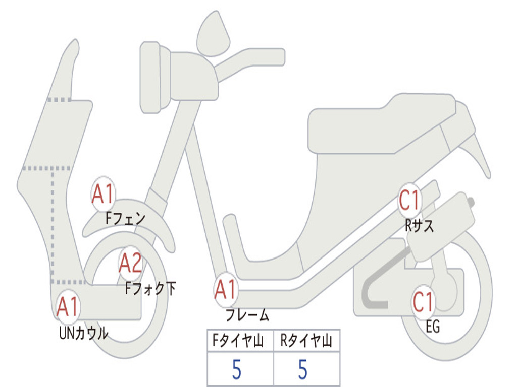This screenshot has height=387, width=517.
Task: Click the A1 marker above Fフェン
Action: [x=104, y=194]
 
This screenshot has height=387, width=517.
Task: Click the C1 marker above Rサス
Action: [x=409, y=200]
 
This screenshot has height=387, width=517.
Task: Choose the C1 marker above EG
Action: [x=423, y=302]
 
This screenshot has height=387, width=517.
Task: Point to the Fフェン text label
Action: [x=125, y=219]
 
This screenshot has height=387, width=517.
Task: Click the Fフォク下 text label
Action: [x=150, y=288]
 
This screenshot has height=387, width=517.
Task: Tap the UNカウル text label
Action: [x=84, y=333]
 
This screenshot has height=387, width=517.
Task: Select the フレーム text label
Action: [x=247, y=316]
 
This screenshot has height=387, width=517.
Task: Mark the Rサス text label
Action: [x=419, y=226]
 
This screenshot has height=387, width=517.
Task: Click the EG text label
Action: [x=432, y=328]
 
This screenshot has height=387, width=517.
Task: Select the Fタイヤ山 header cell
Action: [x=240, y=342]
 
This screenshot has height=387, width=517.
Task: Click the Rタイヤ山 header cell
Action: [x=306, y=342]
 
